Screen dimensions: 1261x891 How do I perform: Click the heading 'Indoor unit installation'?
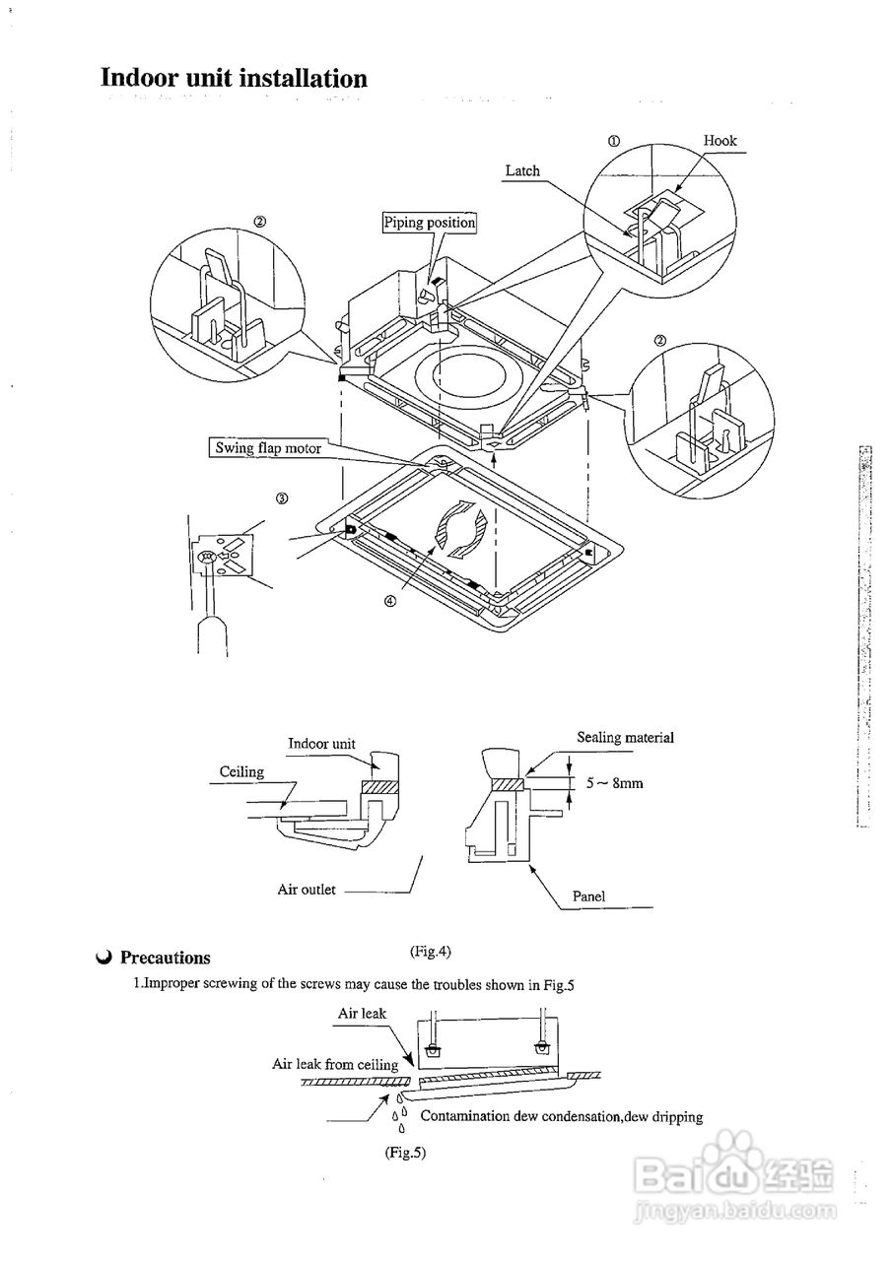[234, 79]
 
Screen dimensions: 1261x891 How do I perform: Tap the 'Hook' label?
[720, 141]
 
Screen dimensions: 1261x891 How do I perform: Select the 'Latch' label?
[522, 170]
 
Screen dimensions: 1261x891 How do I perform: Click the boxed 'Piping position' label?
[429, 223]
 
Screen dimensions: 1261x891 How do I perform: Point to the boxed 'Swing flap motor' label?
[268, 448]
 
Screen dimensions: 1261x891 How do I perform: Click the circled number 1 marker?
[613, 141]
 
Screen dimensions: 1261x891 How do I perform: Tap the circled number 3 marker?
[282, 498]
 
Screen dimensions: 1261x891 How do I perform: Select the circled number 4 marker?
[390, 604]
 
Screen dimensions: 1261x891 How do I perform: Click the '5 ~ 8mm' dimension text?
[614, 783]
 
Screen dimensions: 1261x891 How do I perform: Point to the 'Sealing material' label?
[625, 738]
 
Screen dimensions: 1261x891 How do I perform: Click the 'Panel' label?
[588, 896]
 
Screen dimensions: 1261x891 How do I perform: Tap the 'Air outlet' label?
[307, 890]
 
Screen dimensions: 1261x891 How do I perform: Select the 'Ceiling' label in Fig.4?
[241, 772]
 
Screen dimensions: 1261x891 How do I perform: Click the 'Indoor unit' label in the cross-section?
[321, 744]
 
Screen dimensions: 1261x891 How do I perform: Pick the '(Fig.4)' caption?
[430, 951]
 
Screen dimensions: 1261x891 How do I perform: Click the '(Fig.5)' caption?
[405, 1152]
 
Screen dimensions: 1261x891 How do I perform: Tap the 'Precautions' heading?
[165, 958]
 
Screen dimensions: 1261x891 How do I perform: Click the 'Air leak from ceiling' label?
[335, 1064]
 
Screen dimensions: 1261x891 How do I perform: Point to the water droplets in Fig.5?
[399, 1112]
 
